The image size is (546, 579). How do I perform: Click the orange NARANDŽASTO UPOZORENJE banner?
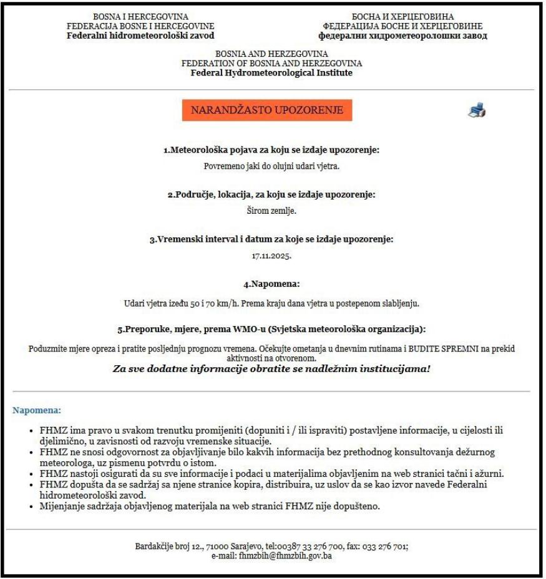(267, 110)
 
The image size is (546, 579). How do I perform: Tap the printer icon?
(477, 111)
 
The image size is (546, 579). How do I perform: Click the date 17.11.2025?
(271, 256)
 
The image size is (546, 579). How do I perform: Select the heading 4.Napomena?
(271, 284)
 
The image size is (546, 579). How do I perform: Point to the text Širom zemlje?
(271, 210)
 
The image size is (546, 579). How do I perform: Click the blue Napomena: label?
(37, 411)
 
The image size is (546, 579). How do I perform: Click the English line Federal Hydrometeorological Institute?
(271, 72)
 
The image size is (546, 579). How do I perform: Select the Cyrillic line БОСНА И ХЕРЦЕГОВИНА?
(403, 17)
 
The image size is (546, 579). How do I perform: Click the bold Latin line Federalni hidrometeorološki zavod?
(140, 36)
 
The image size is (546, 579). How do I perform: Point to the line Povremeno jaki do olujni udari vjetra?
(271, 166)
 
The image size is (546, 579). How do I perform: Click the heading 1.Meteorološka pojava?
(271, 150)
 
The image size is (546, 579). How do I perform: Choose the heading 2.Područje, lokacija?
(271, 194)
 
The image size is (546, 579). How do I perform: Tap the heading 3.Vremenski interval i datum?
(271, 239)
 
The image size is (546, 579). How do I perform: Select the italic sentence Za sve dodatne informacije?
(271, 368)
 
